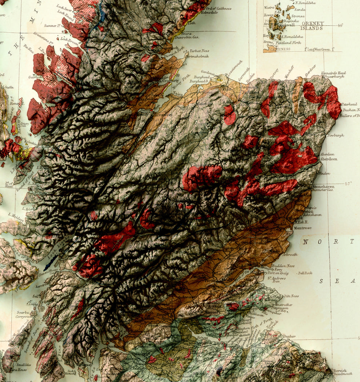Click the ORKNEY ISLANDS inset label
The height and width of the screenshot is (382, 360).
(x=312, y=26)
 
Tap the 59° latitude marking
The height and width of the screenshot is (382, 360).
(x=340, y=25)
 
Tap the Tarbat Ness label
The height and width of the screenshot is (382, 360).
(x=199, y=51)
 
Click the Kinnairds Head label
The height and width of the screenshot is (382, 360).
(x=333, y=73)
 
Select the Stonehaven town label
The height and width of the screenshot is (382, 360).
(x=323, y=186)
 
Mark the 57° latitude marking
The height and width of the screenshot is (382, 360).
(x=348, y=184)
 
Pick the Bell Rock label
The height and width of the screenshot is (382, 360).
(x=305, y=273)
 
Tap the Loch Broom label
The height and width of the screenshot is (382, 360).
(x=69, y=40)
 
